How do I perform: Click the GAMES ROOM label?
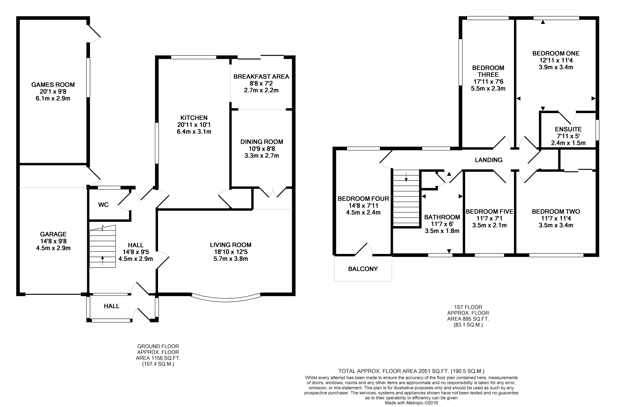[x=53, y=85]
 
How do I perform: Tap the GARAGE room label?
[x=53, y=234]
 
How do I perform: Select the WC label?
[x=103, y=205]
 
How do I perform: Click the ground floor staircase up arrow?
[x=102, y=261]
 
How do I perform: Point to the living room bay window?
[x=226, y=297]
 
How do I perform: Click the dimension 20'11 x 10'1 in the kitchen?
[x=194, y=125]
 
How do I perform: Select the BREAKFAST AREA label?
[x=261, y=77]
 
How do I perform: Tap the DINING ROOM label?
[x=261, y=142]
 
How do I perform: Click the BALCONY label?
[x=363, y=269]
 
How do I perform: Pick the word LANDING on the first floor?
[x=488, y=160]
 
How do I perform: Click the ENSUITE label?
[x=568, y=129]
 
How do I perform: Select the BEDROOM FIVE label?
[x=489, y=211]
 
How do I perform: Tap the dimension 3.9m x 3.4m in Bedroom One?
[x=556, y=67]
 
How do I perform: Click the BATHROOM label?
[x=442, y=217]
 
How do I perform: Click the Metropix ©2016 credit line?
[x=411, y=403]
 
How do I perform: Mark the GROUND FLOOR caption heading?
[x=158, y=346]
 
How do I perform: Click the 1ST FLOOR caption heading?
[x=468, y=307]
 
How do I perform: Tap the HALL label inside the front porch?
[x=111, y=306]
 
